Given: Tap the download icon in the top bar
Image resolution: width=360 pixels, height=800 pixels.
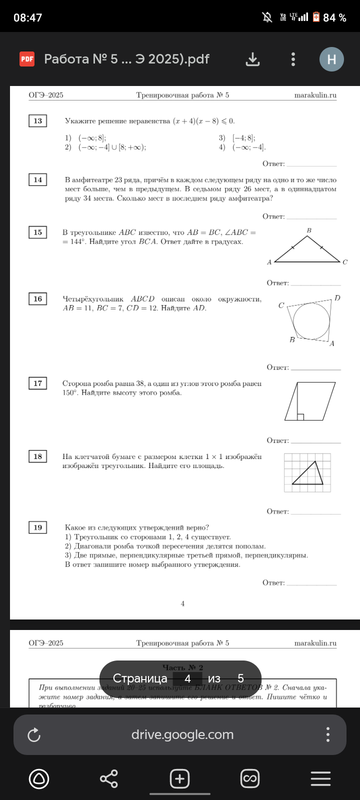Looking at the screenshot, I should (253, 59).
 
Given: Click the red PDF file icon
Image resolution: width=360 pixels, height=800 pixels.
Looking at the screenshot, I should (27, 59).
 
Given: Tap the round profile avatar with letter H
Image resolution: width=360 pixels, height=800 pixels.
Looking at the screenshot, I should (331, 59).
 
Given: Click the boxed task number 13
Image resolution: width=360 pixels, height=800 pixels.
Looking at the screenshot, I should (38, 121).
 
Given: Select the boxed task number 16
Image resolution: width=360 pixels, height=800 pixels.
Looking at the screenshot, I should (38, 299).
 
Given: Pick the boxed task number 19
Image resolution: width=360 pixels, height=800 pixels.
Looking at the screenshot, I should (38, 527).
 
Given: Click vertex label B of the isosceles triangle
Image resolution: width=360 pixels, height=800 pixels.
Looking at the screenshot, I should (309, 230).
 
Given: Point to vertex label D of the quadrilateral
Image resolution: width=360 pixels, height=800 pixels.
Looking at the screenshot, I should (337, 298).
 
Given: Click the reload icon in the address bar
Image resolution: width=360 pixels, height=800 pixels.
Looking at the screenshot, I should (34, 735).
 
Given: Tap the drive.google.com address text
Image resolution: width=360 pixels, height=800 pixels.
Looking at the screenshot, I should (182, 734).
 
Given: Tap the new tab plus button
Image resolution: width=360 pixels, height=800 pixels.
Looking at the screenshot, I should (179, 779).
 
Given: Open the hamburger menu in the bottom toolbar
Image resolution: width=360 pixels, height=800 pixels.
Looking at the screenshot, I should (320, 779).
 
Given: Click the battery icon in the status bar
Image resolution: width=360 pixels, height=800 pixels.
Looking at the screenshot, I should (316, 17).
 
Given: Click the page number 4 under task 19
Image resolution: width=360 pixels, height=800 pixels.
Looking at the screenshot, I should (182, 603).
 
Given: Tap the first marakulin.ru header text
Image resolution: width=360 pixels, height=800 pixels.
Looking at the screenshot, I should (315, 95).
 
